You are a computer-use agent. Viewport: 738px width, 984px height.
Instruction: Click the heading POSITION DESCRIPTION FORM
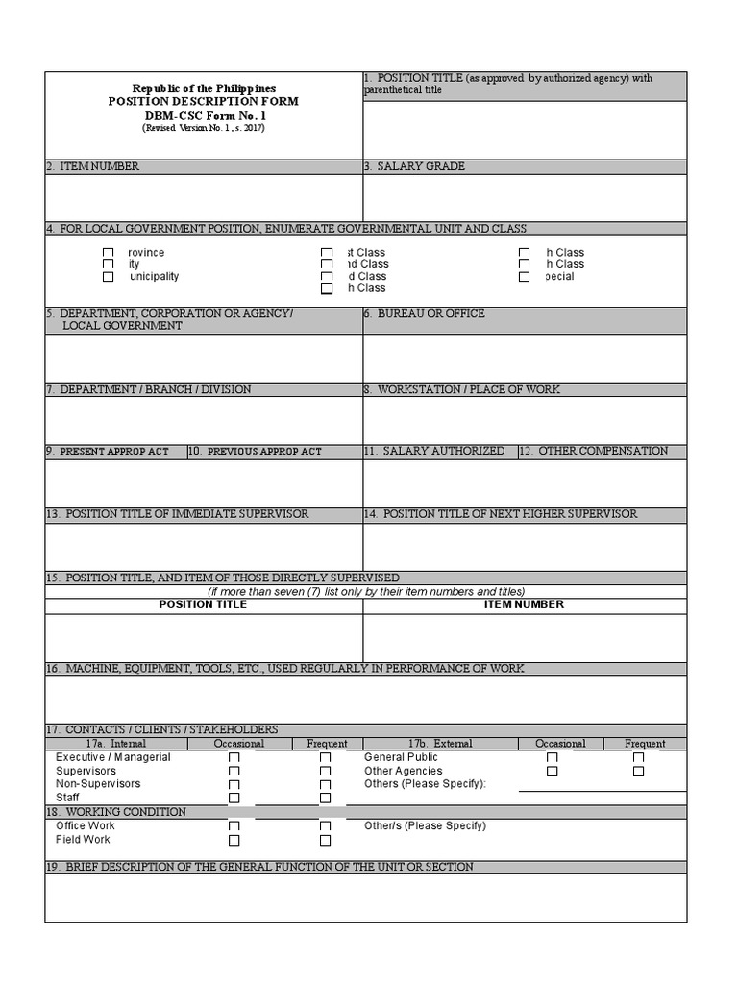pos(203,101)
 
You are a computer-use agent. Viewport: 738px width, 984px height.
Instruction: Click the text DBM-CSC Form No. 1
pos(203,114)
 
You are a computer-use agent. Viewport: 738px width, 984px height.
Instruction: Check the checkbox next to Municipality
pos(109,277)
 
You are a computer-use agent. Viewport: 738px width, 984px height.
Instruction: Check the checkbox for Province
pos(109,253)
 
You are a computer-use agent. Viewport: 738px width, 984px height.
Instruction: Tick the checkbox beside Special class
pos(524,277)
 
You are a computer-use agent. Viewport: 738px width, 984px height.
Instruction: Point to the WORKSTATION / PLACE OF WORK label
pos(462,389)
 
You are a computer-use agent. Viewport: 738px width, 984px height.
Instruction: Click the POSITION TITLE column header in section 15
pos(203,604)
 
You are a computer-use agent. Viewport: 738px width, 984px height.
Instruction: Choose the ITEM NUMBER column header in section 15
pos(524,604)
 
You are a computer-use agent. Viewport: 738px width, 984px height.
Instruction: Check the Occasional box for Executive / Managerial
pos(234,757)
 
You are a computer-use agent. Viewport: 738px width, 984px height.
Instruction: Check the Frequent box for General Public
pos(638,757)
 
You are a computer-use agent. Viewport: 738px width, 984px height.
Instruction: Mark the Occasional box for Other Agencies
pos(552,771)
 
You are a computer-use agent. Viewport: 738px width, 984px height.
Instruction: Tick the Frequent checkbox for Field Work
pos(325,840)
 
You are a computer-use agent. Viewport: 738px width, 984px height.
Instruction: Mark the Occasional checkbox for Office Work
pos(234,826)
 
